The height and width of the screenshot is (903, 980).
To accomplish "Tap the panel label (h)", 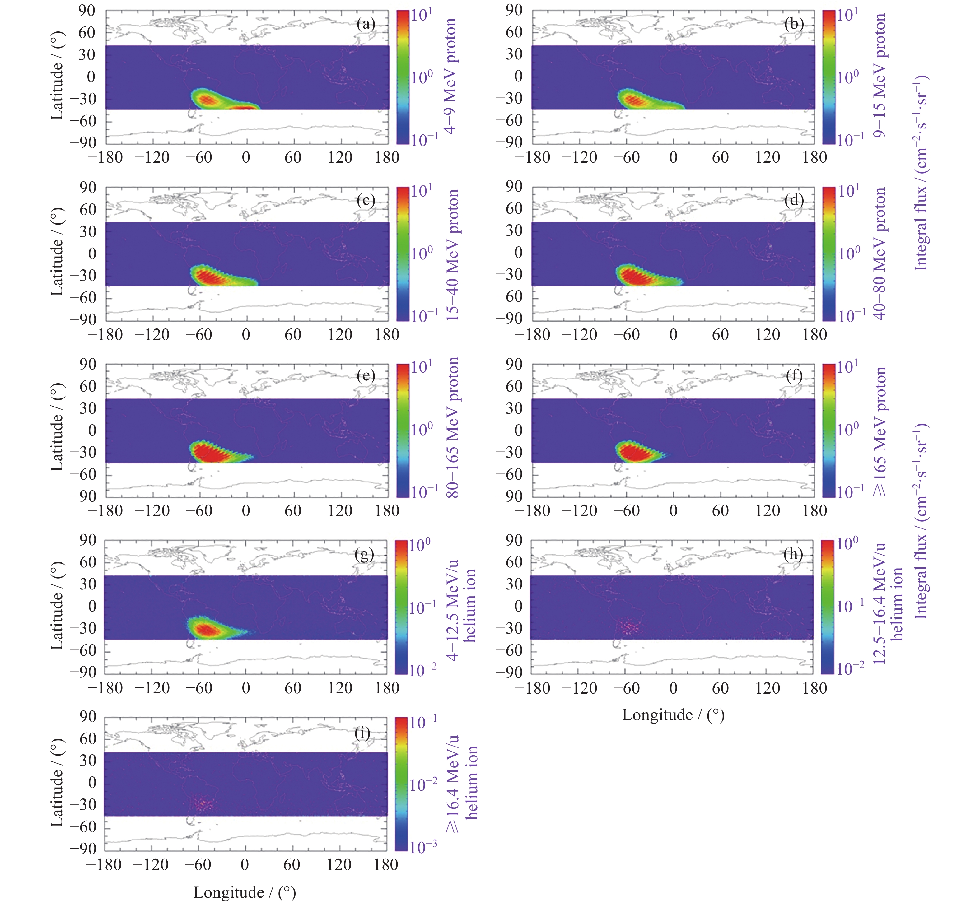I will pyautogui.click(x=793, y=554).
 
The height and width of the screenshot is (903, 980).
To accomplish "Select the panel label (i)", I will pyautogui.click(x=362, y=733).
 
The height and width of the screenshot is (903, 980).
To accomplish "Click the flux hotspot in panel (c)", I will pyautogui.click(x=210, y=277).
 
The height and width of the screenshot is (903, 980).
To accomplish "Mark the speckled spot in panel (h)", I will pyautogui.click(x=630, y=626).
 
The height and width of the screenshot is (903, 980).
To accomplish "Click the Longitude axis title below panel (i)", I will pyautogui.click(x=245, y=892).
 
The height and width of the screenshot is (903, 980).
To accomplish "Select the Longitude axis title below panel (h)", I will pyautogui.click(x=673, y=715).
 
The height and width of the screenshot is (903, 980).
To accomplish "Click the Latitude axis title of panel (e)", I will pyautogui.click(x=57, y=428).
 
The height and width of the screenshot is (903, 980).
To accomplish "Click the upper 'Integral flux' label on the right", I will pyautogui.click(x=921, y=174).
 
